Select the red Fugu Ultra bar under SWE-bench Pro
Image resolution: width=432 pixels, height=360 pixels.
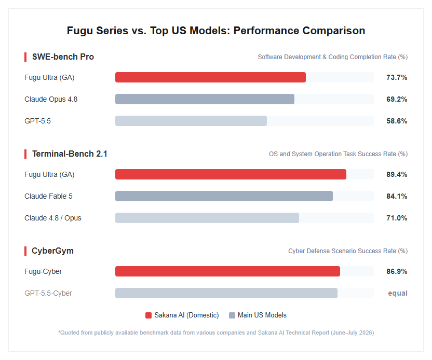pos(210,77)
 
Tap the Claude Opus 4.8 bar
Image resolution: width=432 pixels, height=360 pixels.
pos(205,99)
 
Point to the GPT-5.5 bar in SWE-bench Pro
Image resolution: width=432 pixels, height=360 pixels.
pos(191,121)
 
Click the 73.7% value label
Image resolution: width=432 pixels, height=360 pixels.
pos(397,77)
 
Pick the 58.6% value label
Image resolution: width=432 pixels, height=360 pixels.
pos(397,121)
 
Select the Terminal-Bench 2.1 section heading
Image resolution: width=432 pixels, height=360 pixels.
pos(70,154)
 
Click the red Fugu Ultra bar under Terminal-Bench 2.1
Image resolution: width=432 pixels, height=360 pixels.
pos(231,174)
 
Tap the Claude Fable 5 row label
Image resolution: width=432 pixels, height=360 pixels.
pos(48,196)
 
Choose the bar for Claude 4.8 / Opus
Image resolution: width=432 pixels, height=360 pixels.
pos(207,218)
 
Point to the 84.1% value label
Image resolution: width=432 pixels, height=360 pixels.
pos(397,196)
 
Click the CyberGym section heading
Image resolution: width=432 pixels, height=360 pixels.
pos(52,251)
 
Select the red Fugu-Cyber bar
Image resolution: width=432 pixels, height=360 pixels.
pos(227,271)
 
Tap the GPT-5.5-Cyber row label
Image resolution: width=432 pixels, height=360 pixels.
pos(48,293)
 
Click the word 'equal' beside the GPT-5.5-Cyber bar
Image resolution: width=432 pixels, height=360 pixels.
pos(398,293)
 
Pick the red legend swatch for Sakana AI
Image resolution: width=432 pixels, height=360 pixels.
pos(148,315)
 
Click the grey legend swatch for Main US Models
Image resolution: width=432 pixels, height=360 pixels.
pos(232,315)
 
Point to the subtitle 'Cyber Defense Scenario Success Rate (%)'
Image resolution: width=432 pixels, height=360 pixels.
pos(348,251)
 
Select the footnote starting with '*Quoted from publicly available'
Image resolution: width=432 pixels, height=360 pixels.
pos(216,333)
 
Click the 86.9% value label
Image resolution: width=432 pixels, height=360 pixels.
pos(397,271)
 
